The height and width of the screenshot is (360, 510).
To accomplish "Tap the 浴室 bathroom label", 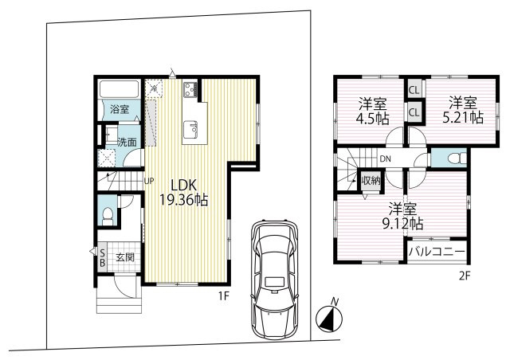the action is (x=120, y=109).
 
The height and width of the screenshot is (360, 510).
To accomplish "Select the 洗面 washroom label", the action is (x=127, y=143).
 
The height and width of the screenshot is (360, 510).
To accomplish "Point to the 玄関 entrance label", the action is (x=125, y=257).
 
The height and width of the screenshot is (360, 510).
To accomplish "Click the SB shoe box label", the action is (x=102, y=257).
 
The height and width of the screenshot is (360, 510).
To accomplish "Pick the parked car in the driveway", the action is (x=274, y=280).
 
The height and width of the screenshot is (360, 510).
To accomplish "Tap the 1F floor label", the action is (x=224, y=295).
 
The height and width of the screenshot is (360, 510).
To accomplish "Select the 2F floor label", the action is (x=465, y=276).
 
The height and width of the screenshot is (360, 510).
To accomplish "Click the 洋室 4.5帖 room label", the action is (x=372, y=112).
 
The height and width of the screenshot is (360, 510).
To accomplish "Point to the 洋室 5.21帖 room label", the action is (x=463, y=110).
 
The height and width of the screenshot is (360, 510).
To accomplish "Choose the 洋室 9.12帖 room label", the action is (x=402, y=217).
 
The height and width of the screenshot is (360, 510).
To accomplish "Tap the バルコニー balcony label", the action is (x=437, y=252).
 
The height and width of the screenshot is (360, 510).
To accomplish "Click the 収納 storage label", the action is (x=371, y=180).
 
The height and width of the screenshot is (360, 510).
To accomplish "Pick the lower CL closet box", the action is (x=414, y=112).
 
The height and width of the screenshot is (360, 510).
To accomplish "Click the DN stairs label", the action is (x=386, y=159).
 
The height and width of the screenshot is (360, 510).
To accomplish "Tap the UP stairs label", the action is (x=149, y=181).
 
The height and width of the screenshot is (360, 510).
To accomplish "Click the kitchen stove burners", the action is (x=190, y=89).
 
